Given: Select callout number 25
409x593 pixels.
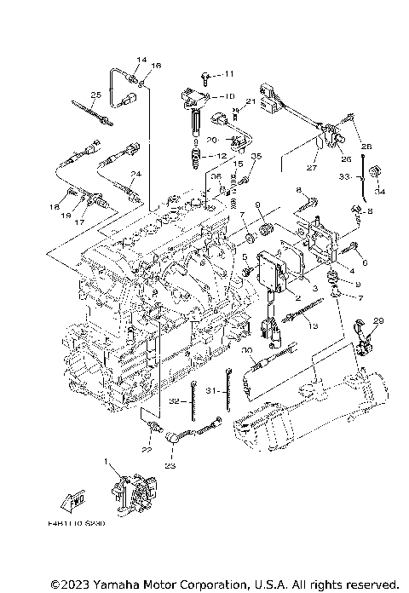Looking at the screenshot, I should point(95,95).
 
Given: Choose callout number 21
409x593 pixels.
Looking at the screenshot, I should point(251,102).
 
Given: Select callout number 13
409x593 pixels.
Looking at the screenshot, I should point(314,326).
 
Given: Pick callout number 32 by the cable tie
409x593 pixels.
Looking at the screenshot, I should point(174,400).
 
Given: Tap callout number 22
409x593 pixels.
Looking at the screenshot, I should point(147,450).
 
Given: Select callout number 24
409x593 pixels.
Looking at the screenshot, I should point(134,174).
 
